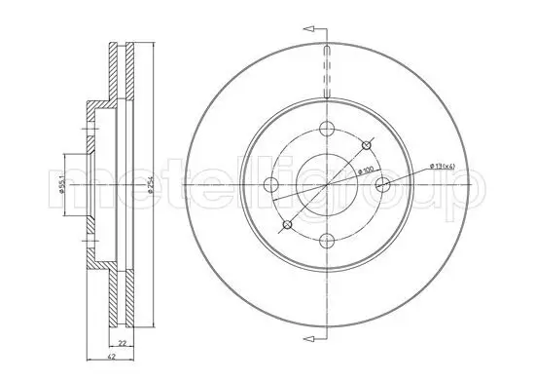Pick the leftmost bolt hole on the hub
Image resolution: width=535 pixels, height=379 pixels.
coord(270,185)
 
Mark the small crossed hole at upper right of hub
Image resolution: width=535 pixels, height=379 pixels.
coord(366,145)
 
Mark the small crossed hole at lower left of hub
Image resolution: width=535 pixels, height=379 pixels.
coord(286,225)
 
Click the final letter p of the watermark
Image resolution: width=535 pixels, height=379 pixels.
coord(466,191)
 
